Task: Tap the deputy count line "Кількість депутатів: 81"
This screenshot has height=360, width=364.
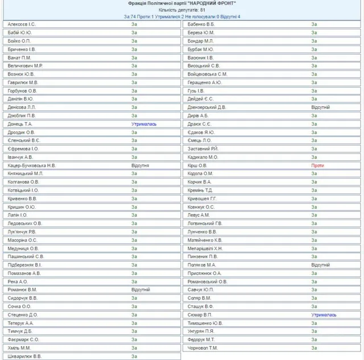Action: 182,10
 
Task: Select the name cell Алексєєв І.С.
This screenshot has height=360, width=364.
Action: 22,24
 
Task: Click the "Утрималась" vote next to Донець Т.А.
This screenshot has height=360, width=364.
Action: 144,123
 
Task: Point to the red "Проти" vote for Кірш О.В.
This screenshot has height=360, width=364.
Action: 317,165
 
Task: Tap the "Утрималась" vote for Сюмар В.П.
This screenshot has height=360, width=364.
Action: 324,315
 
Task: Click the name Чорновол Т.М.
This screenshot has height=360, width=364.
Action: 203,347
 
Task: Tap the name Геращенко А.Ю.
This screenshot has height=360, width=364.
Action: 205,82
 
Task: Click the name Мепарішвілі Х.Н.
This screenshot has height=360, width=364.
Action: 205,248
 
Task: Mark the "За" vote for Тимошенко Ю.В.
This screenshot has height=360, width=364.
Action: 314,322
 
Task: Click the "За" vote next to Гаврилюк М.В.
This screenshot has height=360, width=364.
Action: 134,82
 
